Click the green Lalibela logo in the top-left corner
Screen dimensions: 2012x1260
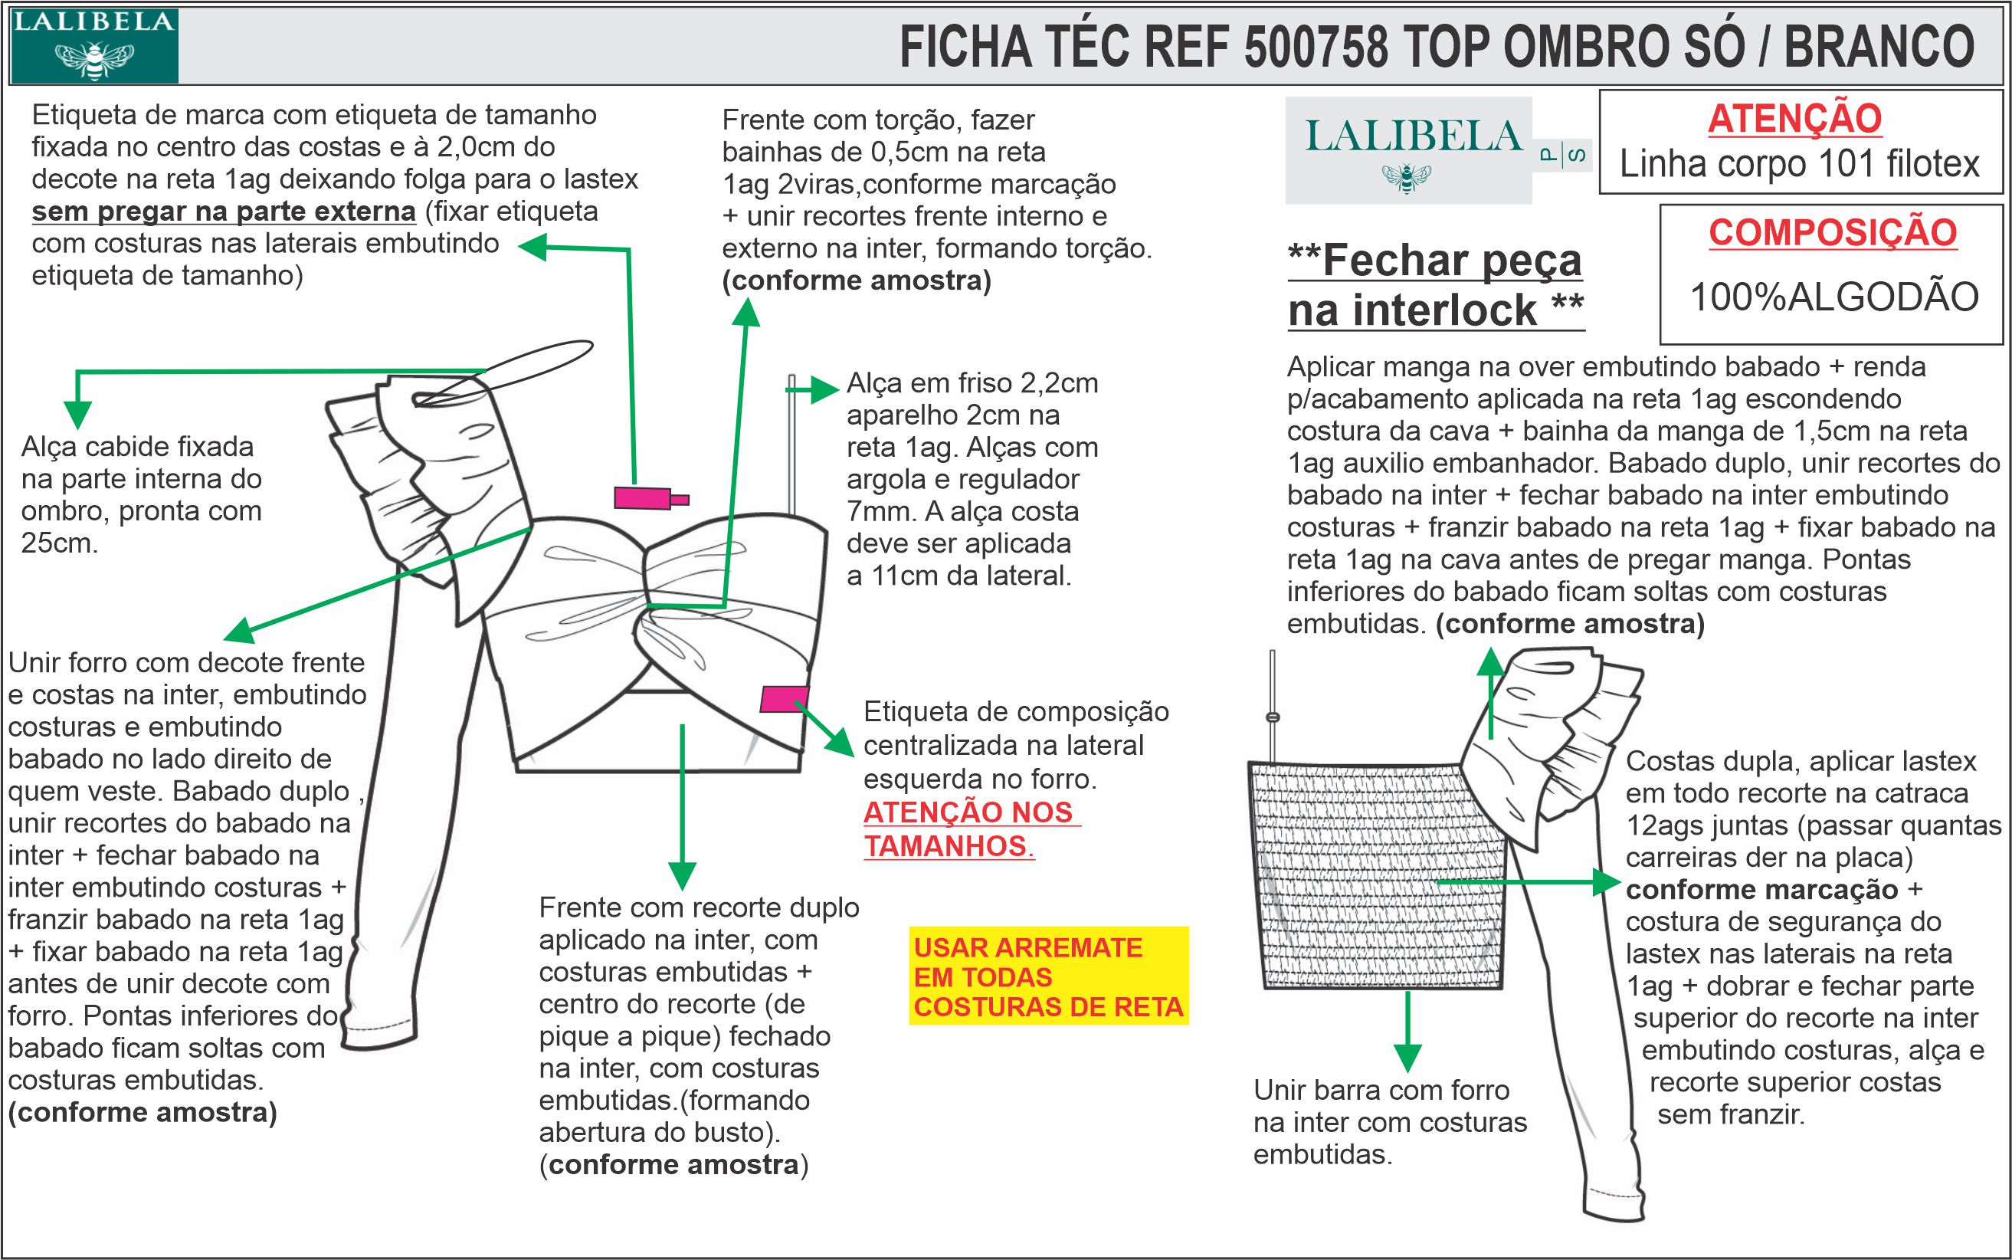(93, 45)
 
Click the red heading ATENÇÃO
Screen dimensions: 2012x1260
(1794, 118)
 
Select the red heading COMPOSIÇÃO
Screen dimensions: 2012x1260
(1833, 232)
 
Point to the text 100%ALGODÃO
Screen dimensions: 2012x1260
(1833, 297)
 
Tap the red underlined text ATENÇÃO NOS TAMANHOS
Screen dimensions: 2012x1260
(972, 829)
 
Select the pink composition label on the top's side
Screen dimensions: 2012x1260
(784, 698)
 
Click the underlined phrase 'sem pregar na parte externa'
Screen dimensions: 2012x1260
(223, 212)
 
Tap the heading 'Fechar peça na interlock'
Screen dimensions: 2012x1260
(1436, 286)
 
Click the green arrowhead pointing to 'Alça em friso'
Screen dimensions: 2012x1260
(824, 389)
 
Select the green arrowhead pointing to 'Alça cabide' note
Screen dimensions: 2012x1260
(77, 414)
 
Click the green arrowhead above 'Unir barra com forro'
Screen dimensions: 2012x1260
(1407, 1058)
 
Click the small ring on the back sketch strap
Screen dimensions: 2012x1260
(1272, 717)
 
